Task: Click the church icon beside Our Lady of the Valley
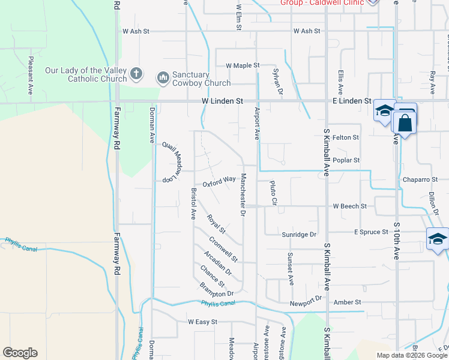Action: tap(136, 74)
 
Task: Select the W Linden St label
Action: tap(222, 102)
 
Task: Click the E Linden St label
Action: tap(352, 102)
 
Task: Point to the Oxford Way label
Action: tap(218, 181)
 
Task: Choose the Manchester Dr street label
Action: tap(244, 194)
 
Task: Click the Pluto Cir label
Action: tap(272, 193)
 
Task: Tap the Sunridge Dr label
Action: tap(299, 235)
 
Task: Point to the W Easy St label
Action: tap(202, 322)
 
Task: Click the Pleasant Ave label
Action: tap(30, 76)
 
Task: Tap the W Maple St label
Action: tap(243, 65)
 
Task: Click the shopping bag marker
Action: tap(406, 122)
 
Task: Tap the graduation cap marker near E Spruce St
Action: tap(437, 239)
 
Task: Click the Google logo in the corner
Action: tap(20, 353)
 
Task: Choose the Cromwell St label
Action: tap(223, 250)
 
